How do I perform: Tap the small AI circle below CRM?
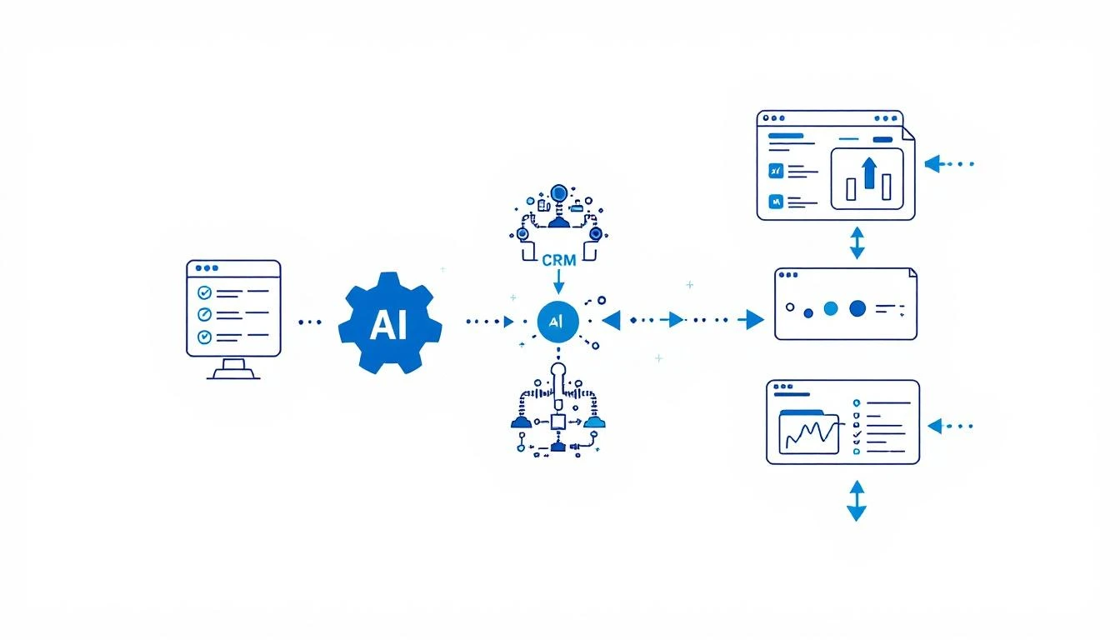pyautogui.click(x=557, y=321)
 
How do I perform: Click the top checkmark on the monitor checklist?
pyautogui.click(x=202, y=292)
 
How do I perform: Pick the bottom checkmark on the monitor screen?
pyautogui.click(x=202, y=337)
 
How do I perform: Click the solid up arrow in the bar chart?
pyautogui.click(x=869, y=173)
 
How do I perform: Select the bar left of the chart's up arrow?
pyautogui.click(x=851, y=189)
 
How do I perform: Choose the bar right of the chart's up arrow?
pyautogui.click(x=887, y=187)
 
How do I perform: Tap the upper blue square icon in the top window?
pyautogui.click(x=777, y=171)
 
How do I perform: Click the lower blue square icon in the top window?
pyautogui.click(x=777, y=201)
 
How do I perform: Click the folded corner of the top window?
pyautogui.click(x=907, y=132)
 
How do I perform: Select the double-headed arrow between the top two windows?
pyautogui.click(x=857, y=243)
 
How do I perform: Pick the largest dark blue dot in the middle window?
pyautogui.click(x=857, y=309)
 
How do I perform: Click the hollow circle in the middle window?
pyautogui.click(x=788, y=306)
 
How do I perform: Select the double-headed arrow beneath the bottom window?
pyautogui.click(x=856, y=501)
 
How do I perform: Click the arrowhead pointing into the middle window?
pyautogui.click(x=754, y=319)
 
